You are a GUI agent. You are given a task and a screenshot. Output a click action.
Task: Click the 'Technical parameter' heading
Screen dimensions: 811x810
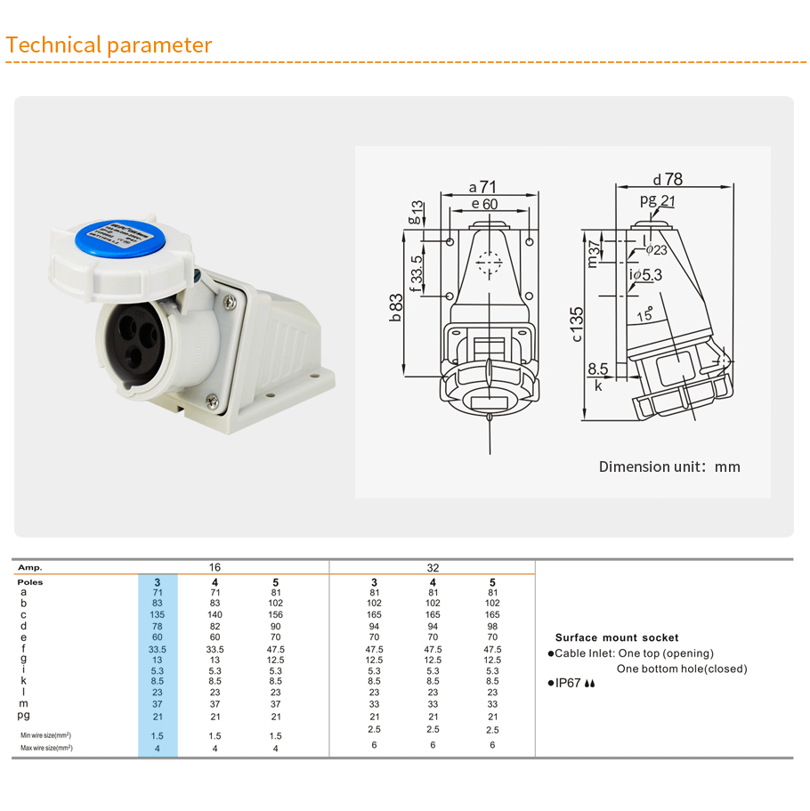[109, 45]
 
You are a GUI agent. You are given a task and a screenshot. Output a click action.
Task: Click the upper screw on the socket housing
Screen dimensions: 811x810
[231, 303]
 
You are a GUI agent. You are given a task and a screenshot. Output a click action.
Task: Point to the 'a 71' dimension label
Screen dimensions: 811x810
[482, 187]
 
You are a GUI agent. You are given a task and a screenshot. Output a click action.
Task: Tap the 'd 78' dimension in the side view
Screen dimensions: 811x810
[667, 178]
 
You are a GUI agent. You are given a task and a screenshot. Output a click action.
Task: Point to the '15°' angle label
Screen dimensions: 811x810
[644, 314]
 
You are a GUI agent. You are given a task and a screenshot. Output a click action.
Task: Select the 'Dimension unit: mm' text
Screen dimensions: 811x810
[668, 466]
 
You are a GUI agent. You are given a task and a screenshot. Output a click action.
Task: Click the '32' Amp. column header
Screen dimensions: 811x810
[433, 567]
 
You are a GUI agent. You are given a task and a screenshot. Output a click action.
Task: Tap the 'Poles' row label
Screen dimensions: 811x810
[30, 581]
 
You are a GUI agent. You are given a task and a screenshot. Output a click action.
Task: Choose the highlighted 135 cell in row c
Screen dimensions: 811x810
[158, 614]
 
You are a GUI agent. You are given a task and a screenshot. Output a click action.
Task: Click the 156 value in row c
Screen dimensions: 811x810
[275, 614]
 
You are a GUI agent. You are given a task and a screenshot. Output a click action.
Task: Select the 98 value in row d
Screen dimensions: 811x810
[492, 626]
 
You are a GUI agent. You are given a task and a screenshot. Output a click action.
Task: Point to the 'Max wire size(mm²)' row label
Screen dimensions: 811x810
[46, 748]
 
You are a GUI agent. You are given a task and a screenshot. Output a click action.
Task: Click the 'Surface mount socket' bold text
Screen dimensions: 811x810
[616, 637]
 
